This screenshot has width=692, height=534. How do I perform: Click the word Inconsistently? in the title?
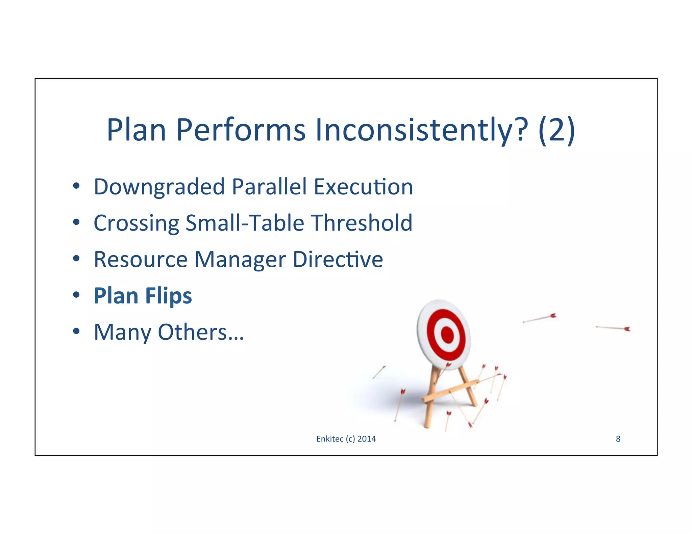(421, 130)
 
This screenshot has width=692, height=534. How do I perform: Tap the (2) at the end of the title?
(557, 130)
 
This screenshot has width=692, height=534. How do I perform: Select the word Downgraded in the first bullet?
(159, 187)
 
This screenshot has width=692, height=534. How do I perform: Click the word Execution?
(363, 187)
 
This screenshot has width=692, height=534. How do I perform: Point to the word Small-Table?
(245, 223)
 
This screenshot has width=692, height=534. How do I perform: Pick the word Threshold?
(362, 223)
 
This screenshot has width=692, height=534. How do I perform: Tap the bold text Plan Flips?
(143, 296)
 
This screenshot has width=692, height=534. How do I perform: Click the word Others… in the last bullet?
(201, 332)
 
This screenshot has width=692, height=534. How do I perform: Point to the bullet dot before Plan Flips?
(76, 295)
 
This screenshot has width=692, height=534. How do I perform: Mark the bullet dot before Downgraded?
(76, 186)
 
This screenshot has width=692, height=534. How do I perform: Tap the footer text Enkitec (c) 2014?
(346, 439)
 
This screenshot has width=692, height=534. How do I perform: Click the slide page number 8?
(618, 439)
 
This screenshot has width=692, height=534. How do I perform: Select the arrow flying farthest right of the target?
(613, 328)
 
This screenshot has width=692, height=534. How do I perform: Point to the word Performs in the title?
(241, 130)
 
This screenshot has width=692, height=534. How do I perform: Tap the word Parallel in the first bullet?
(269, 187)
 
